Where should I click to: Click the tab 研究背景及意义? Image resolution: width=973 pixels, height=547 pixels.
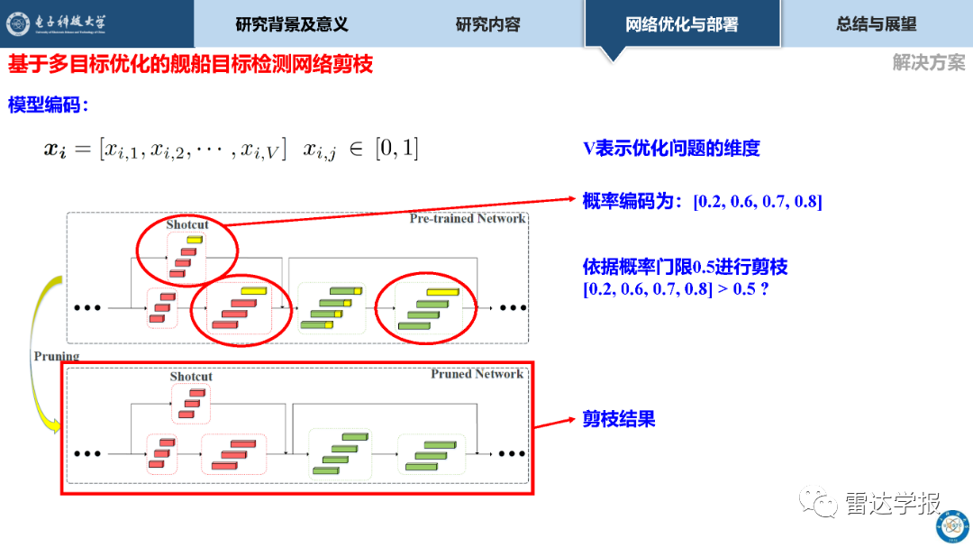click(292, 24)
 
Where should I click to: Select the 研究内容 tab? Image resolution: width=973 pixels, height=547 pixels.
click(487, 24)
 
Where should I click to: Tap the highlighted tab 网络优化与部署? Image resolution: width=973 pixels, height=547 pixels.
click(682, 24)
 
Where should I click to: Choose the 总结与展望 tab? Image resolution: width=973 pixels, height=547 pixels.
click(877, 24)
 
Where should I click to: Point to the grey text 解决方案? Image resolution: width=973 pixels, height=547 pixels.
click(928, 62)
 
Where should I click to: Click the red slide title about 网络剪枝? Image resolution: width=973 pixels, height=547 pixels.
click(190, 64)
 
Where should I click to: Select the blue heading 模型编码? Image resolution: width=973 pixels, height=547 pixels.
click(48, 105)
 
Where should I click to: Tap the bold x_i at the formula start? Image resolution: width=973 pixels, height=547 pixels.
click(55, 149)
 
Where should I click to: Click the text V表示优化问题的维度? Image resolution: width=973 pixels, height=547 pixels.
click(671, 148)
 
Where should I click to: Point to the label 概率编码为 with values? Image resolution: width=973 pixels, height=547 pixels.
click(703, 201)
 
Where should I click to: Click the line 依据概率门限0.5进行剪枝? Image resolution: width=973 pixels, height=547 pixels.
click(685, 267)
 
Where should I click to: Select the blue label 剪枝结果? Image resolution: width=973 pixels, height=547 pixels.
click(619, 419)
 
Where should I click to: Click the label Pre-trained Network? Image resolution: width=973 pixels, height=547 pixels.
click(468, 219)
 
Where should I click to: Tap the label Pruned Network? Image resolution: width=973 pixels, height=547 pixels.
click(477, 374)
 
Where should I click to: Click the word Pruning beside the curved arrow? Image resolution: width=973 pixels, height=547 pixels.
click(57, 356)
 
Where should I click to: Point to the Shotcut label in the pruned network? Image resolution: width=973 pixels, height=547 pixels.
click(191, 377)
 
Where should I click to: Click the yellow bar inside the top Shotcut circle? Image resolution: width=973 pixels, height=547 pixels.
click(195, 240)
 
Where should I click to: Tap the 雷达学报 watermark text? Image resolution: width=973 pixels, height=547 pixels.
click(892, 503)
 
